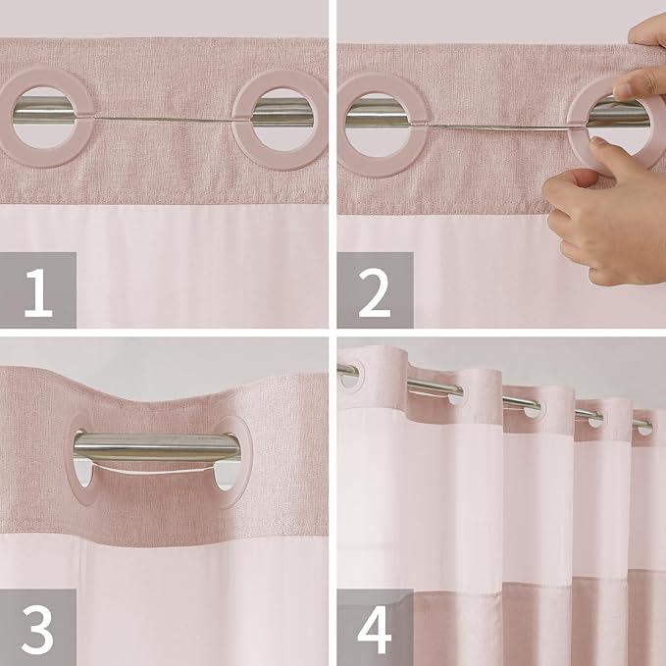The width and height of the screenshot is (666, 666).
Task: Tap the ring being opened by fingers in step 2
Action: [589, 147]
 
